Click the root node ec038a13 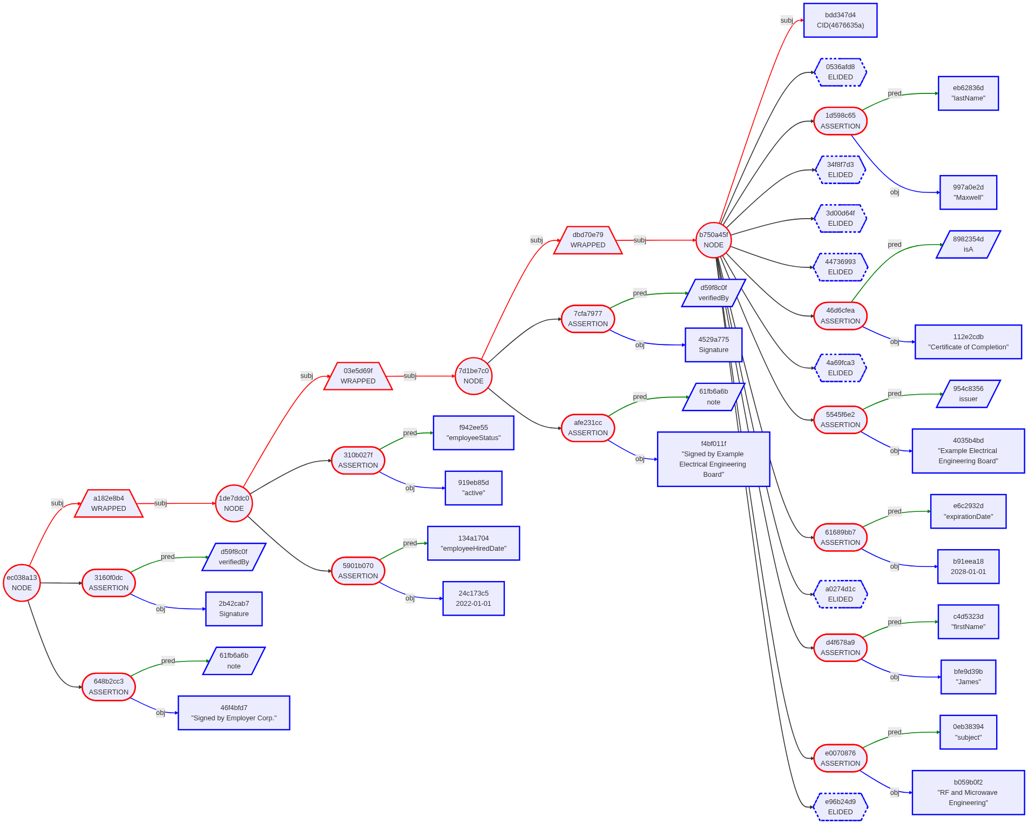(22, 583)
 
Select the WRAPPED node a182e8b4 (109, 503)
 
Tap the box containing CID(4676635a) (840, 21)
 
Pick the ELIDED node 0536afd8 (840, 72)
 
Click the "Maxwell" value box (968, 192)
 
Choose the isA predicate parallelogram (968, 244)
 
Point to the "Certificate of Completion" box (968, 342)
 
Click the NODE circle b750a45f (713, 240)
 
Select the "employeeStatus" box (474, 433)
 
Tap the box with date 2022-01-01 (474, 598)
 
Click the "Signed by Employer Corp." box (234, 713)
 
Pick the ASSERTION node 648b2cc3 (109, 687)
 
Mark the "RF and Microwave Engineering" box (968, 792)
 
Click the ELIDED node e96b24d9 (840, 807)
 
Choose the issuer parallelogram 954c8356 (968, 394)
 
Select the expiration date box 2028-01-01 (968, 566)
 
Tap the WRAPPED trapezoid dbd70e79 (588, 240)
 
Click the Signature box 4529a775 (713, 345)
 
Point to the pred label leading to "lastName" (894, 93)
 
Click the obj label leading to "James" (894, 677)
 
